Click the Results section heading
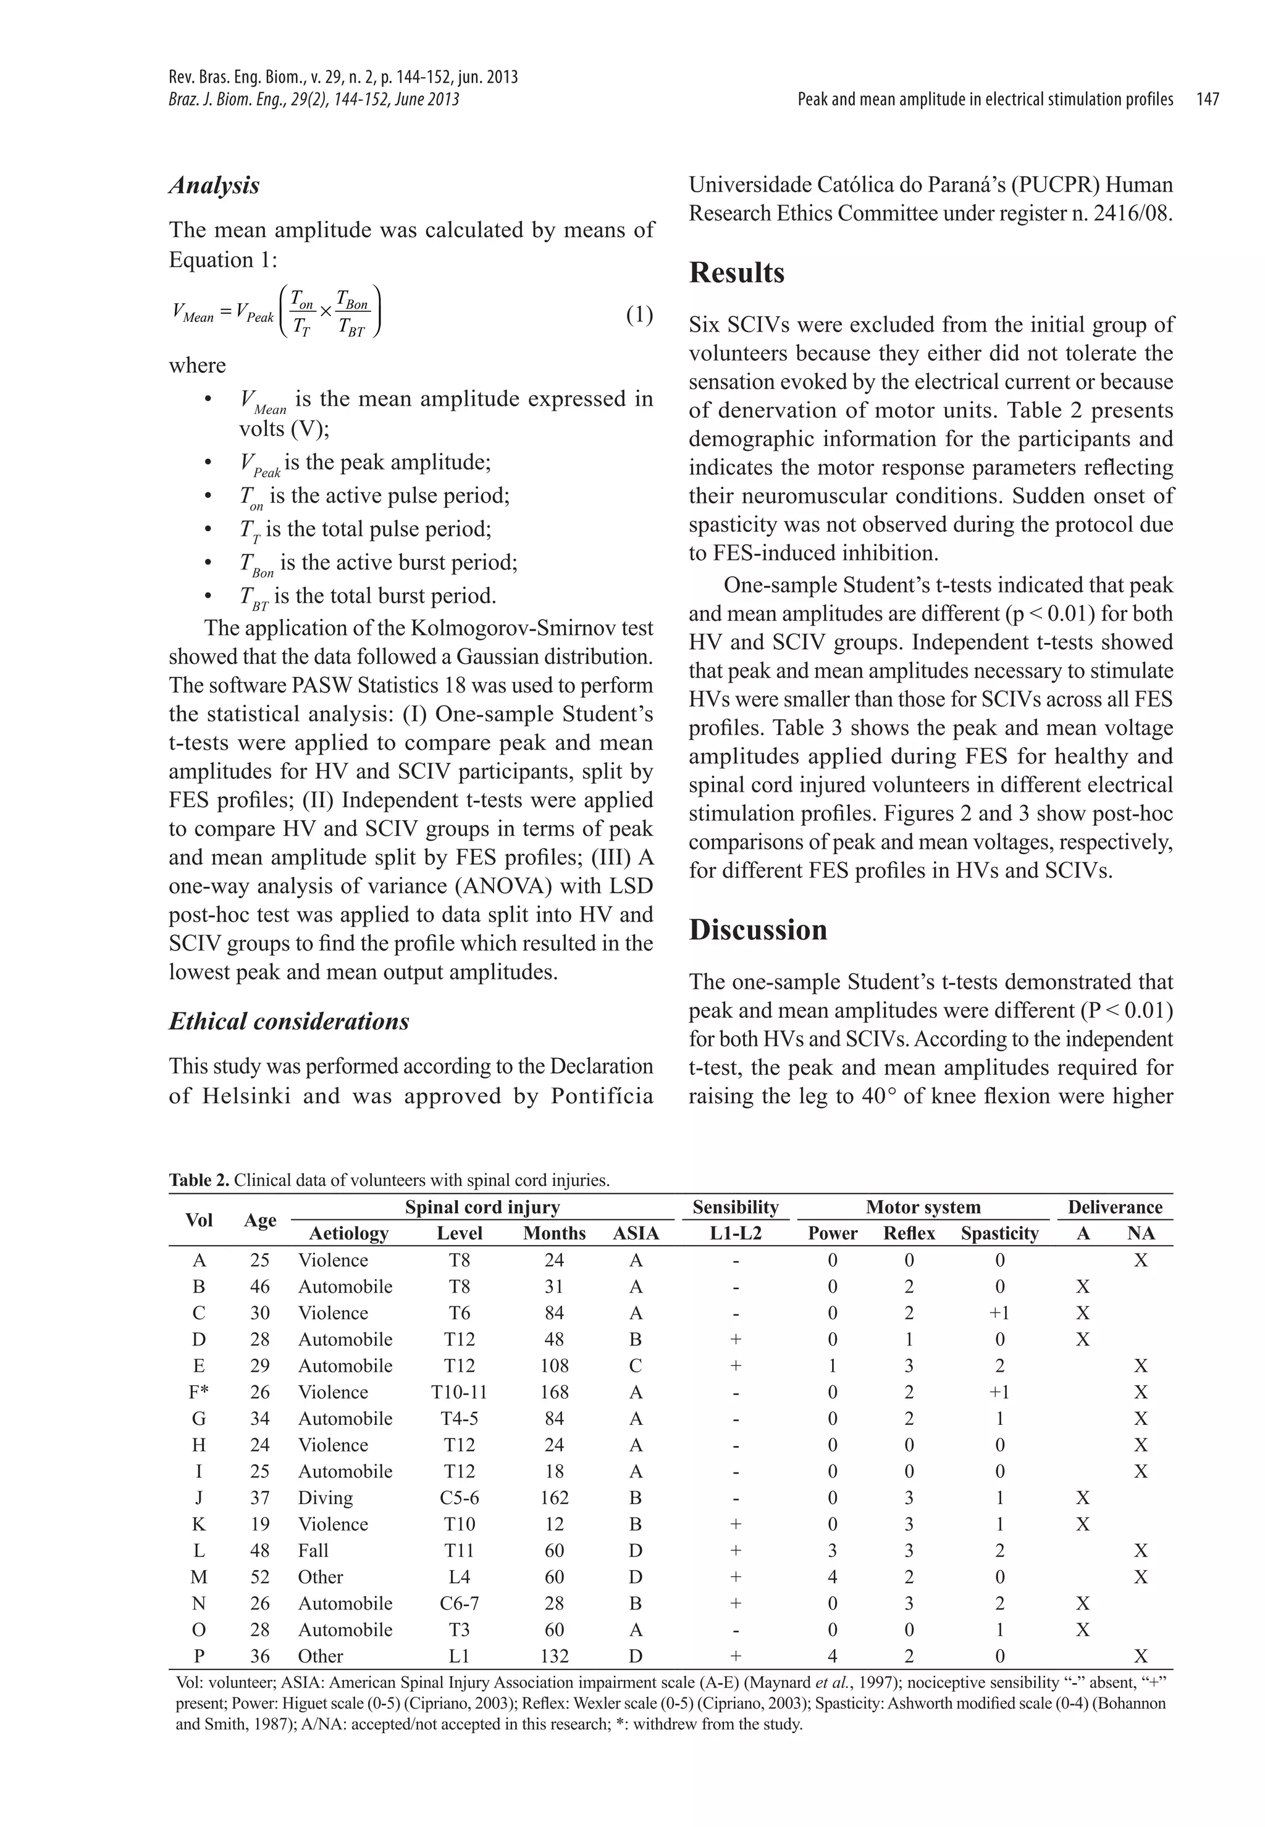coord(736,272)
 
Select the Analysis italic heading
coord(214,185)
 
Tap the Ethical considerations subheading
coord(288,1021)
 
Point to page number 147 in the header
coord(1207,100)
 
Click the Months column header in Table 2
coord(554,1233)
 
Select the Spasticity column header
coord(999,1233)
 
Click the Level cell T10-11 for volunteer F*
coord(459,1392)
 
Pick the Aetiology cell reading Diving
coord(325,1497)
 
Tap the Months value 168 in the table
coord(554,1392)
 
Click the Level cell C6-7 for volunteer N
coord(459,1603)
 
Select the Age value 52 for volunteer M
coord(259,1576)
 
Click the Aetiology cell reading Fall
coord(313,1550)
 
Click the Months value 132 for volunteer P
coord(554,1656)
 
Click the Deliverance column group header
coord(1114,1207)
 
